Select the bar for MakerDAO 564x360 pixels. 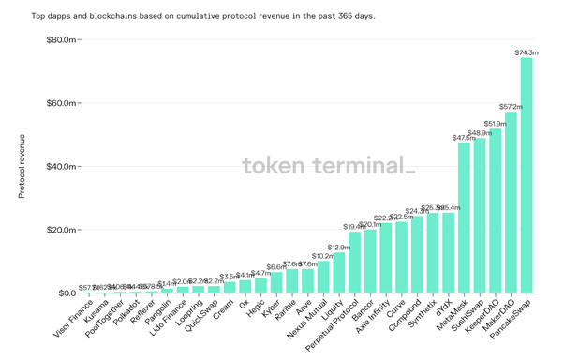(x=511, y=202)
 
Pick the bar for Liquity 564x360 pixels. (x=339, y=273)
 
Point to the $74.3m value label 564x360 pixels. (x=527, y=52)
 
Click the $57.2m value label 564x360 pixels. (x=511, y=107)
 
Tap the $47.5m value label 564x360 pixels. (x=464, y=138)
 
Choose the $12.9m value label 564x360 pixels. (x=339, y=247)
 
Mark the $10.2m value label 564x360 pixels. (x=323, y=256)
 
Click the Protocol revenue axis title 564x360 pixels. (x=22, y=166)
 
